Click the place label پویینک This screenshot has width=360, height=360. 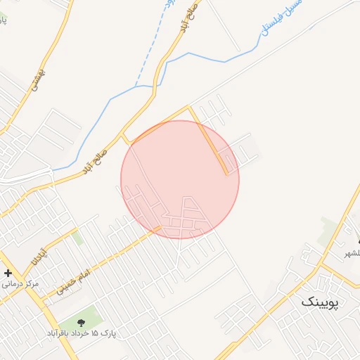click(320, 302)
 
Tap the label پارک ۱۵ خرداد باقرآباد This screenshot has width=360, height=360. click(83, 333)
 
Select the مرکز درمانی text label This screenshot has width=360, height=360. click(20, 285)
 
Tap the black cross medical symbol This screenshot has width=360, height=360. click(8, 273)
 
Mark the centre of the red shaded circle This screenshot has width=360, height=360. click(180, 179)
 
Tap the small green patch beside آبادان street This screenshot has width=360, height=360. click(77, 239)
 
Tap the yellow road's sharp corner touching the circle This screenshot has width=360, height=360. click(188, 107)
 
